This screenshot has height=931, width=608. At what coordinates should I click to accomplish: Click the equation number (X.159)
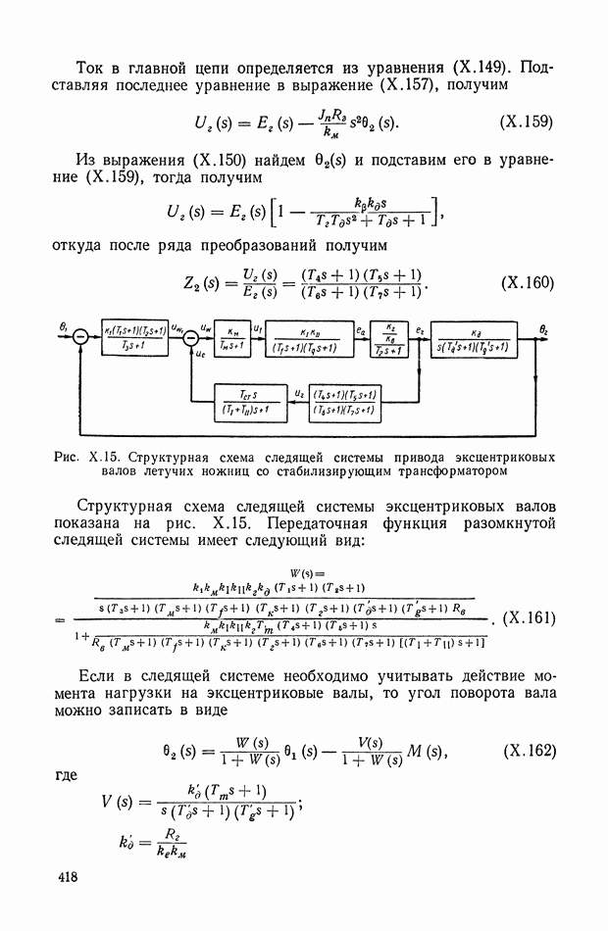pyautogui.click(x=527, y=122)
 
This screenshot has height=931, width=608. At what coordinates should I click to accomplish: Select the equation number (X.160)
pyautogui.click(x=527, y=283)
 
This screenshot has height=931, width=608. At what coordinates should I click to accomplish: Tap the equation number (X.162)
pyautogui.click(x=530, y=751)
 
